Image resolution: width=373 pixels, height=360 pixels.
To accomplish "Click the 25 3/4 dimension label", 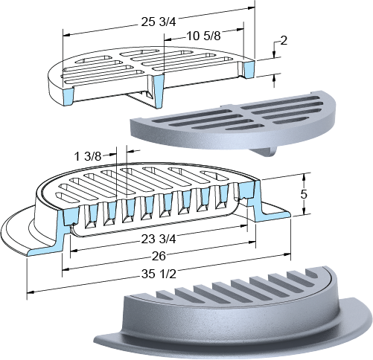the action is (x=159, y=22).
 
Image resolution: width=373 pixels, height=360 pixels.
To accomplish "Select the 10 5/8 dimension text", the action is (x=203, y=36).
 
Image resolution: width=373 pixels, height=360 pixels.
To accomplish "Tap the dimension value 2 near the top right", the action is (x=284, y=41).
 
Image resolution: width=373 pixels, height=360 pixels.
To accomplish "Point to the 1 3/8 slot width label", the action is (x=88, y=156).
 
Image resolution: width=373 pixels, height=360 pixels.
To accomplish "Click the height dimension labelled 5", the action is (x=304, y=194).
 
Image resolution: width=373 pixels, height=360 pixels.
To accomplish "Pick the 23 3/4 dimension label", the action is (x=159, y=240).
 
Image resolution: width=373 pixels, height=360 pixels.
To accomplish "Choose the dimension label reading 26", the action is (x=159, y=257).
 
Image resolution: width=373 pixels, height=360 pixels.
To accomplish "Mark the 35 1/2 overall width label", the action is (x=159, y=274).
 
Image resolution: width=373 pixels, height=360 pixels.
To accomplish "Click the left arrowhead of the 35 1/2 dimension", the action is (x=30, y=292).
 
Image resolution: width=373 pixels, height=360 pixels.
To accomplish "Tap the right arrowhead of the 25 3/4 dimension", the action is (x=252, y=8).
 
